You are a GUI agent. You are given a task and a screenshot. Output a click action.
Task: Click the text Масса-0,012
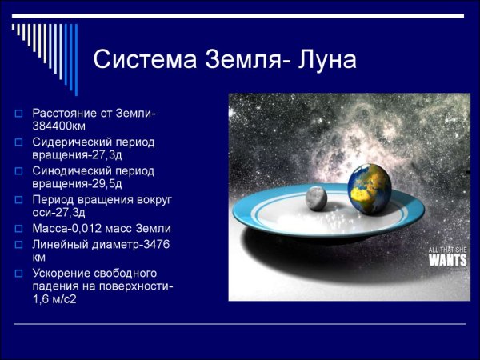point(66,228)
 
